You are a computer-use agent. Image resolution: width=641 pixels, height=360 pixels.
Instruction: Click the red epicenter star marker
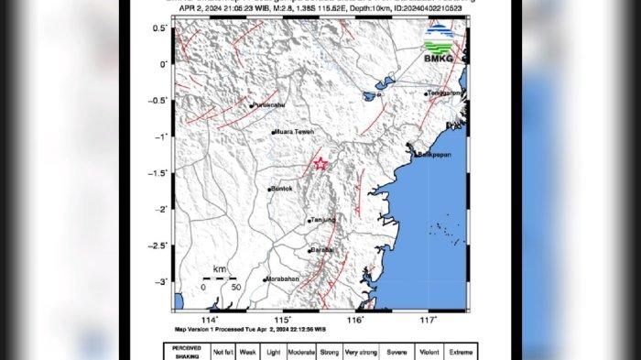click(320, 163)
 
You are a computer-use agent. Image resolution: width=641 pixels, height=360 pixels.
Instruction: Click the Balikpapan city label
click(437, 155)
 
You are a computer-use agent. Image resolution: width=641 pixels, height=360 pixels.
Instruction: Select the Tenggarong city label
click(446, 93)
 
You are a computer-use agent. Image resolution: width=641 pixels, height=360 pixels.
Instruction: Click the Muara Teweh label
click(294, 133)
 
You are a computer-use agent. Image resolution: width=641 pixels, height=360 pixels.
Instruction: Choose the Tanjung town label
click(323, 220)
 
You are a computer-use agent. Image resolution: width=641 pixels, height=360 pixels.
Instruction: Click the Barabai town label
click(321, 249)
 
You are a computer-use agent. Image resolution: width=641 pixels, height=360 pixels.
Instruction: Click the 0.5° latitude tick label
click(159, 28)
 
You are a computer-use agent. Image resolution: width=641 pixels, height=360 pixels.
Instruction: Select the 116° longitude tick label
click(356, 320)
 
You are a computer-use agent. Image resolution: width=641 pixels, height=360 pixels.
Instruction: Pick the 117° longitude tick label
click(428, 320)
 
